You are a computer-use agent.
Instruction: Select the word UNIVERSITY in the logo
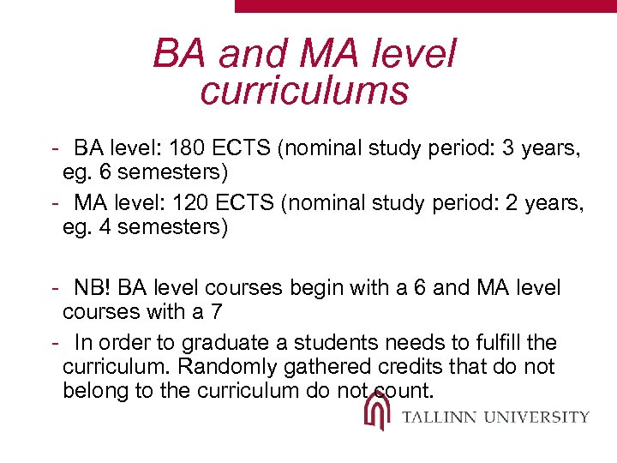pyautogui.click(x=537, y=418)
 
